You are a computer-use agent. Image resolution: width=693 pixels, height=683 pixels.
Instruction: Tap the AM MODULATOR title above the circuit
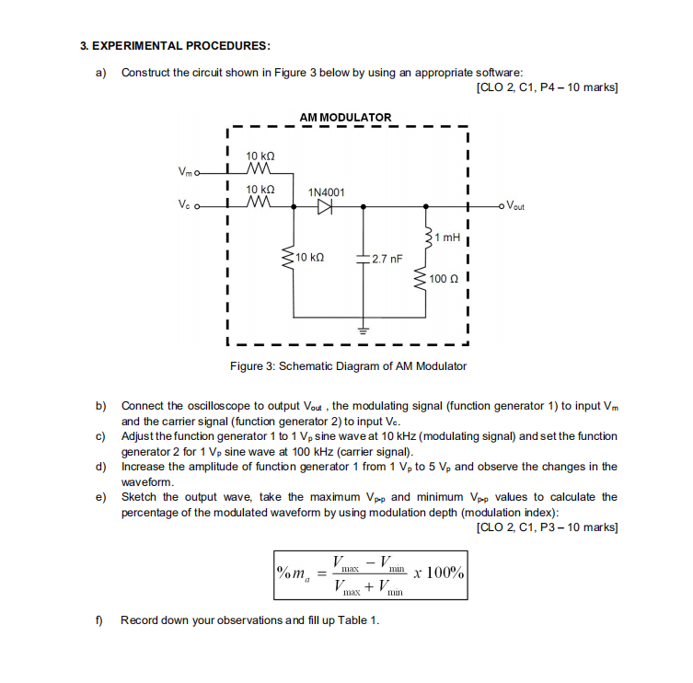[x=345, y=117]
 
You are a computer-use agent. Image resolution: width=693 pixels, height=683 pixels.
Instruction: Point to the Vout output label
[x=512, y=207]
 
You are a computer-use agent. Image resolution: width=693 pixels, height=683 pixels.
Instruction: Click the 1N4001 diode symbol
[x=324, y=207]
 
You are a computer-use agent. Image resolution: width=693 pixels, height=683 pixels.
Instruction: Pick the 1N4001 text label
[x=326, y=191]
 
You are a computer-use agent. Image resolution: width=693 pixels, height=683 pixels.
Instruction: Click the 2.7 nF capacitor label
[x=384, y=259]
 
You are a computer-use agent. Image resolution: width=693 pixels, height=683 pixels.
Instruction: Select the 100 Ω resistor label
[x=447, y=276]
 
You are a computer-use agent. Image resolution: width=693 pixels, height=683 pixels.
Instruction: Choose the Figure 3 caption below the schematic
[x=348, y=365]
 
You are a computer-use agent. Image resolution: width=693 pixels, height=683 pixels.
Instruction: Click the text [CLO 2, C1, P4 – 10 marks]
[x=547, y=87]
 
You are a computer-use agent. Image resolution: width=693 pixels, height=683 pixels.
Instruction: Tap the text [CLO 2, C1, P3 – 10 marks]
[x=547, y=527]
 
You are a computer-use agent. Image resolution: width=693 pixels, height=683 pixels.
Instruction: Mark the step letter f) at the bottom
[x=99, y=619]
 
